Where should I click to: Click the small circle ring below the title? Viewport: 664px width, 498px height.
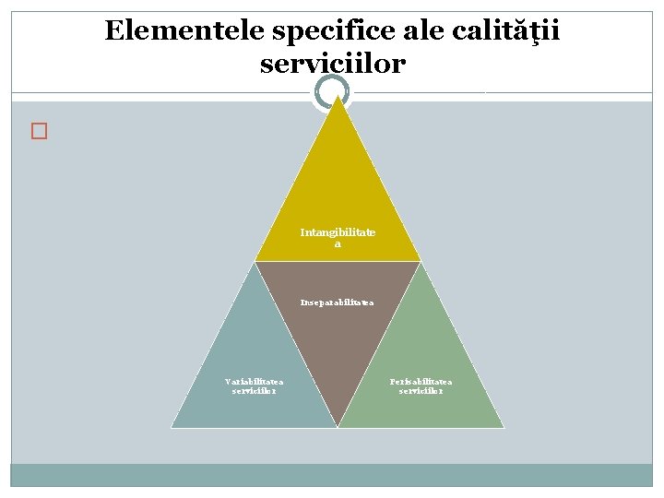click(x=332, y=92)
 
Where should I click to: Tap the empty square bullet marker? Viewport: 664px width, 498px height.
click(x=38, y=131)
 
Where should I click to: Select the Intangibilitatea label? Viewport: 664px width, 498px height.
click(x=338, y=238)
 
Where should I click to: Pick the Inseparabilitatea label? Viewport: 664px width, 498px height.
click(x=338, y=302)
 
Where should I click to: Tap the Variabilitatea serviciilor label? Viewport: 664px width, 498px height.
click(x=255, y=385)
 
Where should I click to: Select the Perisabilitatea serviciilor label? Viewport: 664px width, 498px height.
click(x=421, y=385)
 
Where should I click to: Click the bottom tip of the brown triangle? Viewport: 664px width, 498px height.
click(x=338, y=426)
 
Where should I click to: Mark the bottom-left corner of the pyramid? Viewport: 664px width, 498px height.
click(x=172, y=427)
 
